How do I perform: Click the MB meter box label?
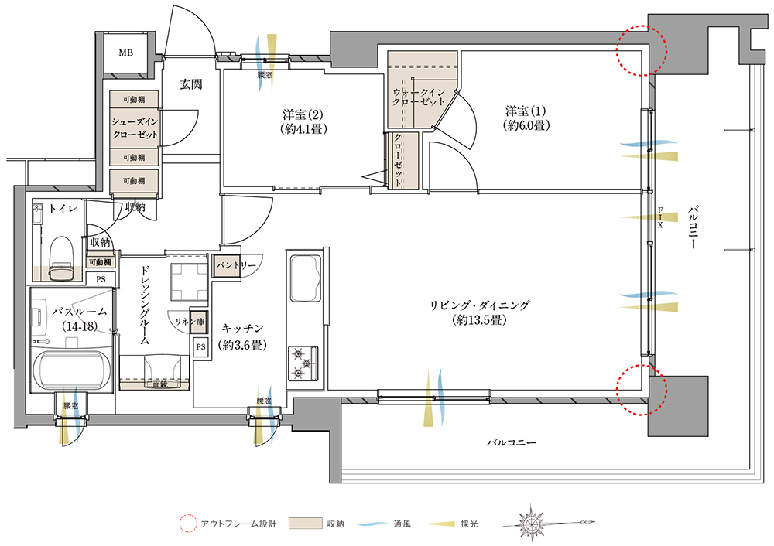125,53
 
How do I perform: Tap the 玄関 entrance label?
190,84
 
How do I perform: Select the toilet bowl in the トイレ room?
62,258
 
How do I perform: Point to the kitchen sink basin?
306,278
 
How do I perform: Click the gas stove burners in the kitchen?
303,363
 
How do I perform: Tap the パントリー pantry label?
236,266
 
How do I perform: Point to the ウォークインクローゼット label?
419,97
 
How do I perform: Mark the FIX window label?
660,217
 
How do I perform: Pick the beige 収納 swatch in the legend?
305,524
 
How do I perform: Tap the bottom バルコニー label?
512,442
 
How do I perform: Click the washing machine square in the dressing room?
189,282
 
